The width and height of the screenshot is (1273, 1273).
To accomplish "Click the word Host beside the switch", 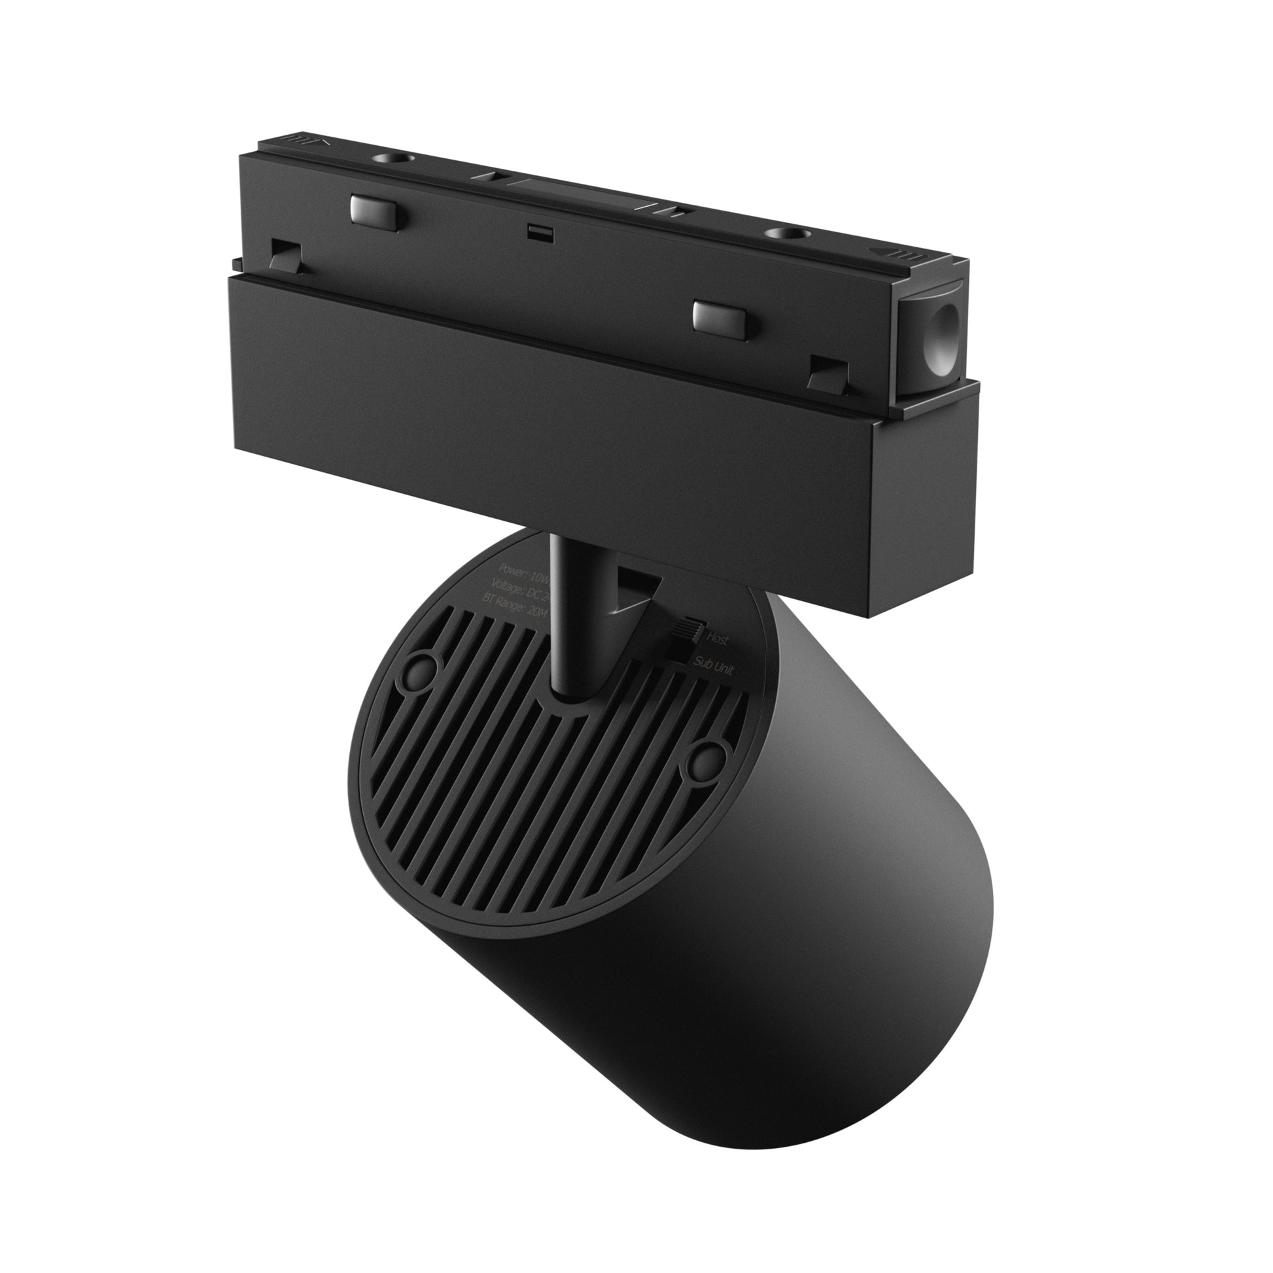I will (718, 638).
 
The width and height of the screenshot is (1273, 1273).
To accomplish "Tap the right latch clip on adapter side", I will (827, 373).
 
